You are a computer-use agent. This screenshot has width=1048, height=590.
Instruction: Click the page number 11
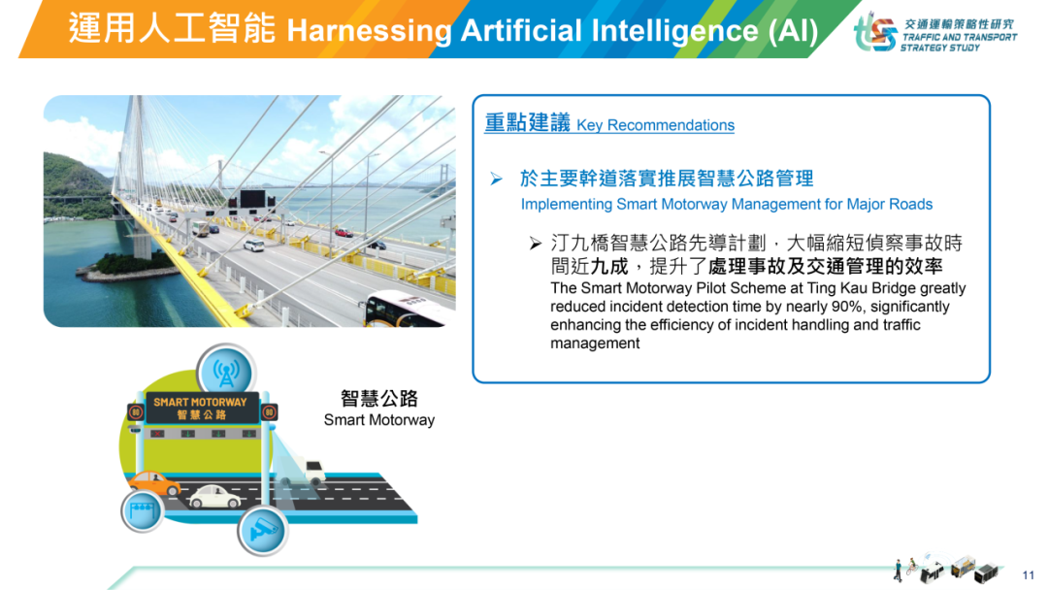tap(1028, 574)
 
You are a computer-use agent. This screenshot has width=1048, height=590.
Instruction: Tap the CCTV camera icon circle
tap(262, 531)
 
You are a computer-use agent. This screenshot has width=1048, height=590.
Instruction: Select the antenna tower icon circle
tap(226, 372)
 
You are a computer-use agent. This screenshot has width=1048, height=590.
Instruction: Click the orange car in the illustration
tap(154, 483)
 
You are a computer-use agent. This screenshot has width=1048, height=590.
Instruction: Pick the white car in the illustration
tap(214, 497)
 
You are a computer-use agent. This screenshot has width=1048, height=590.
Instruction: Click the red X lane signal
tap(158, 435)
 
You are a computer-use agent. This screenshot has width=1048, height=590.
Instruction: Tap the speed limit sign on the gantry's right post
tap(270, 411)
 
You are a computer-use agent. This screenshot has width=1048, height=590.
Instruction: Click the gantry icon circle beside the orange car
tap(143, 511)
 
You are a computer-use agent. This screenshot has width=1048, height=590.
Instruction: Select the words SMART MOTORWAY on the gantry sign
tap(200, 403)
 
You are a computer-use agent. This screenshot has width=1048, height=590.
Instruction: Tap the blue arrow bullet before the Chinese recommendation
tap(496, 179)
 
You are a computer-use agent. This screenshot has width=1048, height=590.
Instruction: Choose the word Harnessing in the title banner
tap(369, 31)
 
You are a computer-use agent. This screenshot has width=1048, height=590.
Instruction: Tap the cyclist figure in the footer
tap(911, 567)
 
